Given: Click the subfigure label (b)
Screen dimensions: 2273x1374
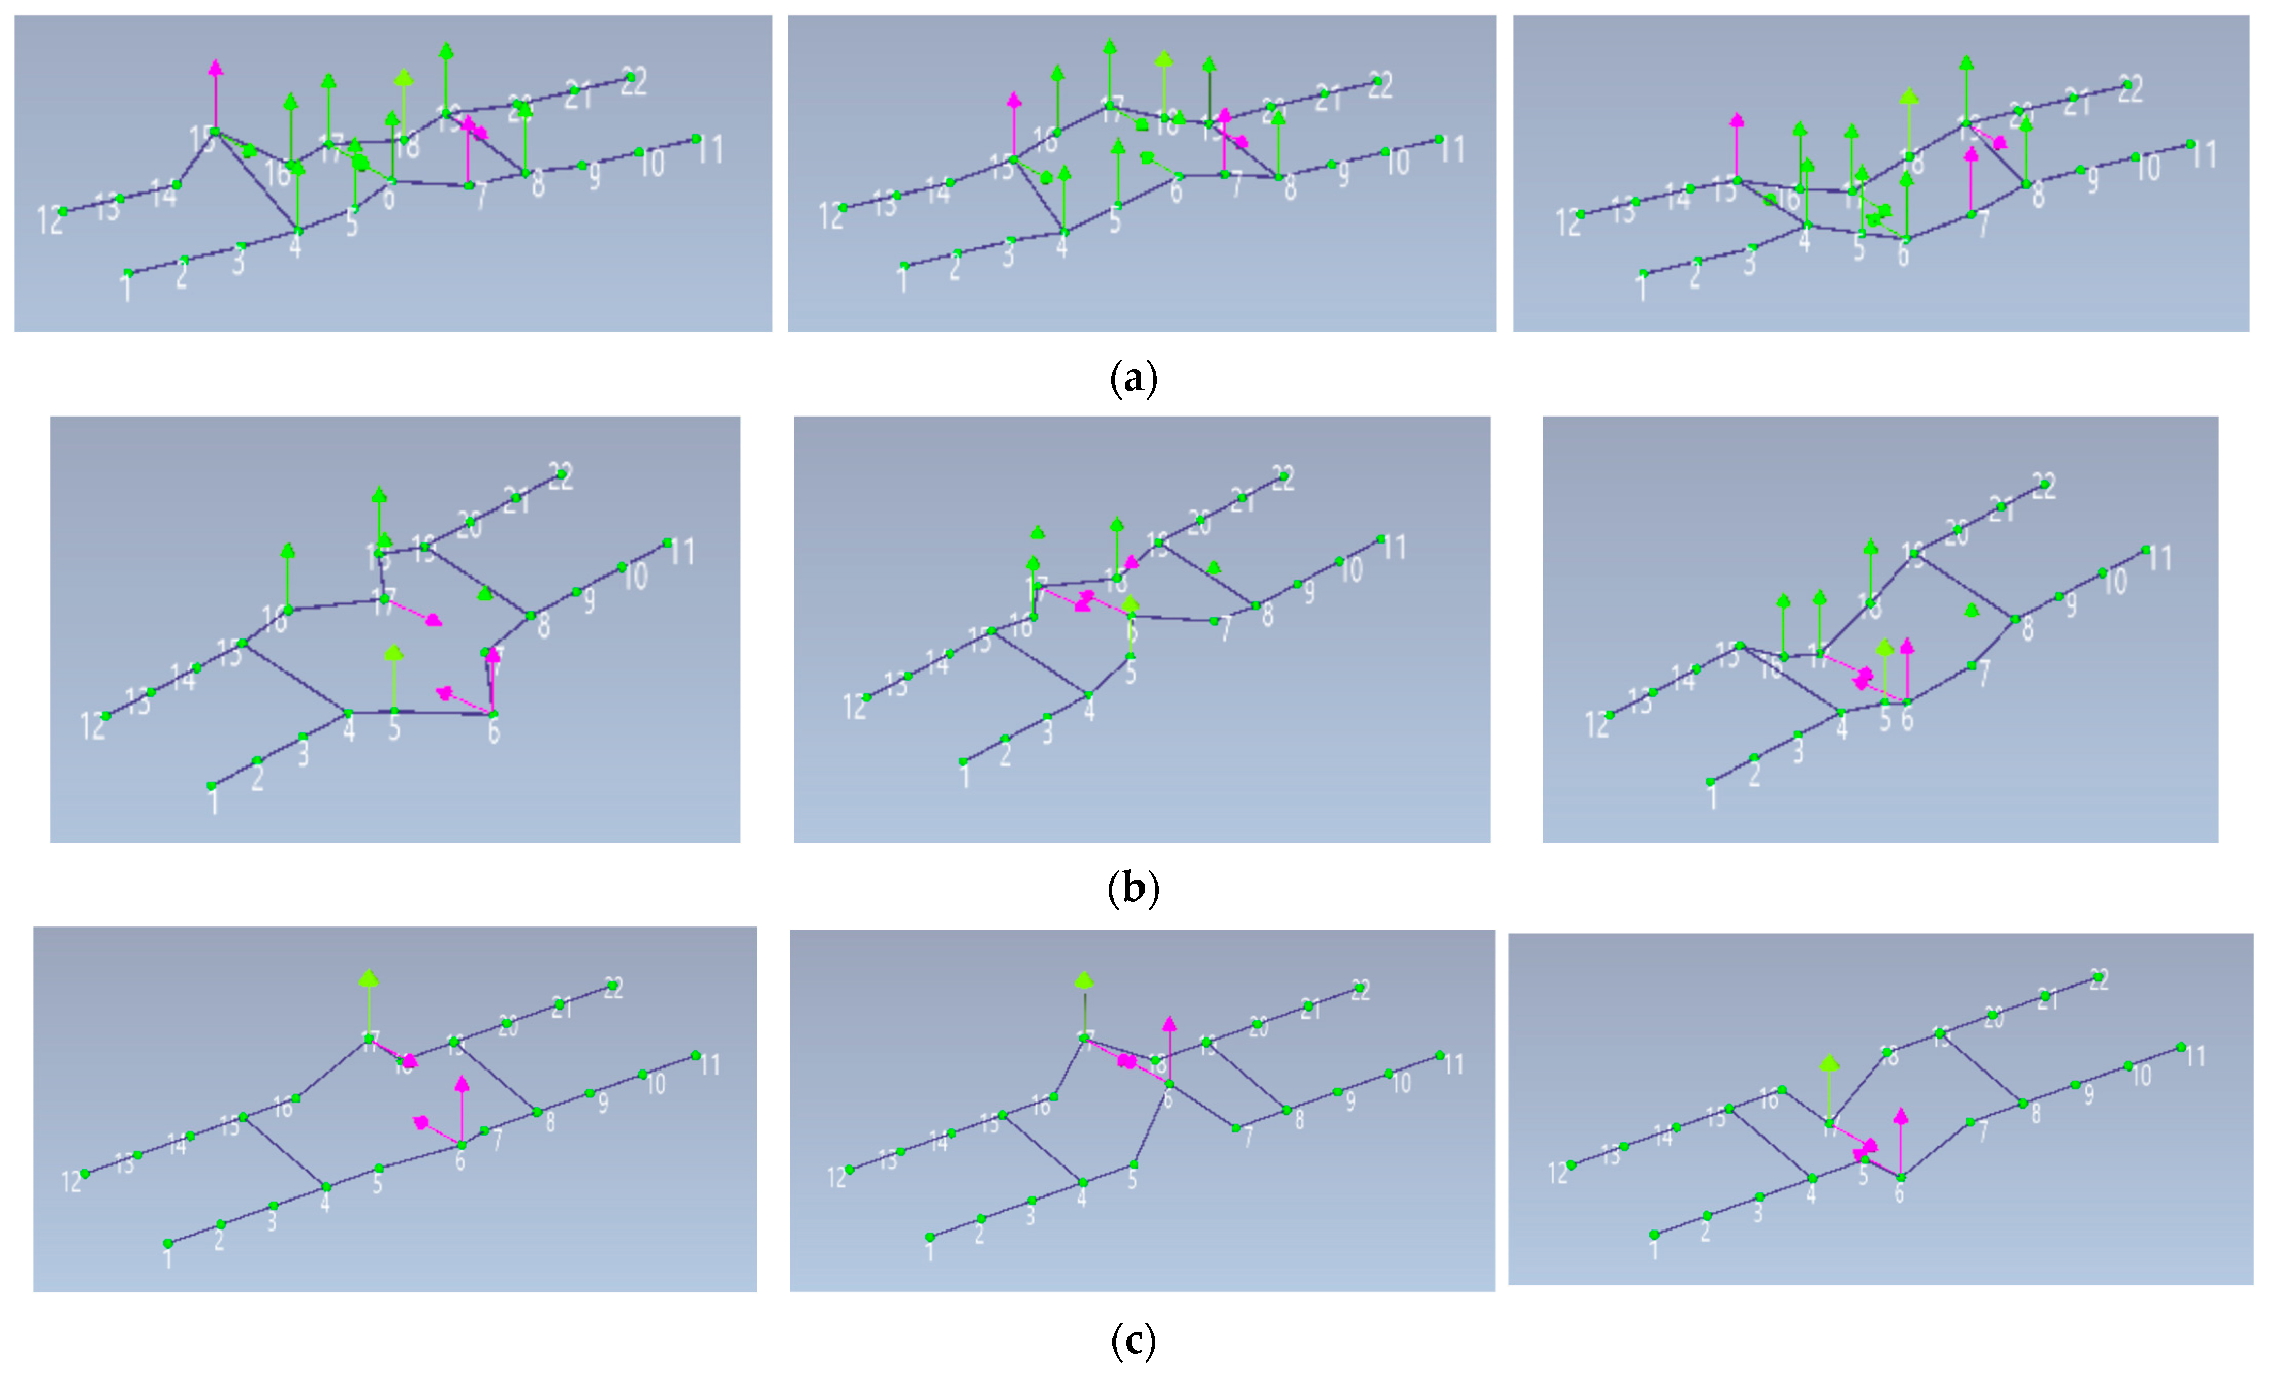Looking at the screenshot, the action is [x=1133, y=888].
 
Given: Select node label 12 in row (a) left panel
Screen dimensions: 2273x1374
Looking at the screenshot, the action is [x=50, y=221].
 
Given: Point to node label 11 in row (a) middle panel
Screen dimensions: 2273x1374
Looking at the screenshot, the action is [x=1453, y=149].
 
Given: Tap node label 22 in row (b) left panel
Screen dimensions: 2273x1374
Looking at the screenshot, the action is [x=561, y=477].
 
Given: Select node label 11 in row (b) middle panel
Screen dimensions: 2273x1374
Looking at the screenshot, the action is [x=1395, y=548].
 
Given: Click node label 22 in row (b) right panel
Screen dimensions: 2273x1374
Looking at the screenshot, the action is [x=2044, y=487].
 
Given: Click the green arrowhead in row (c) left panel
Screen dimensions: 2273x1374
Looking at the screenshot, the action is [x=369, y=979].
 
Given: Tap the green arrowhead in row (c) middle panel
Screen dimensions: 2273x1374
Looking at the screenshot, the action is [x=1085, y=979].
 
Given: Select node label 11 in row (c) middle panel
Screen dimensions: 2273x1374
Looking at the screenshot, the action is [x=1454, y=1065].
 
